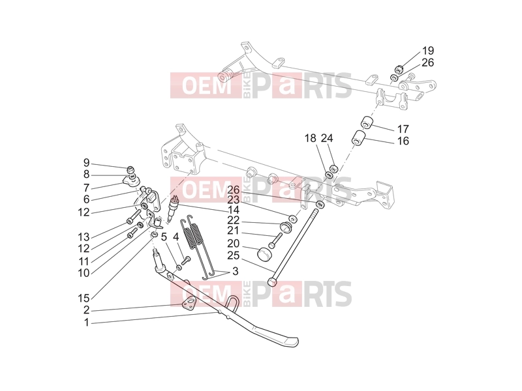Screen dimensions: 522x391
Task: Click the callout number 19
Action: [x=428, y=51]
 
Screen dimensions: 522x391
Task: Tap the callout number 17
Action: [x=403, y=129]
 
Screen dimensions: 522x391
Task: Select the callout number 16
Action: [x=403, y=141]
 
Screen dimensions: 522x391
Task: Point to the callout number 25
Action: [x=234, y=255]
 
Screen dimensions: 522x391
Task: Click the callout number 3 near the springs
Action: [x=236, y=271]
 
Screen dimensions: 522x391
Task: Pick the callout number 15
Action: [x=84, y=298]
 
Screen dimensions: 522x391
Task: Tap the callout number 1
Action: [x=87, y=323]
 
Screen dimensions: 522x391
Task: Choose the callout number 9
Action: [x=87, y=163]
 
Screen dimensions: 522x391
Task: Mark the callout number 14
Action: [x=234, y=210]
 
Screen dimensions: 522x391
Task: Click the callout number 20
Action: [x=234, y=244]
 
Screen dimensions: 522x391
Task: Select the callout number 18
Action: [x=311, y=138]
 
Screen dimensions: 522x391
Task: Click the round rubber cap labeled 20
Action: [x=266, y=254]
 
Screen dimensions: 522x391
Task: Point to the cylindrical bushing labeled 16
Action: [x=359, y=138]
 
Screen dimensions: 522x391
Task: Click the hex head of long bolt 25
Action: [x=272, y=282]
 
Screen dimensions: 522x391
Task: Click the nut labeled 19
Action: [x=399, y=70]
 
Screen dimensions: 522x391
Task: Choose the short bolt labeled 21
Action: [x=275, y=240]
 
